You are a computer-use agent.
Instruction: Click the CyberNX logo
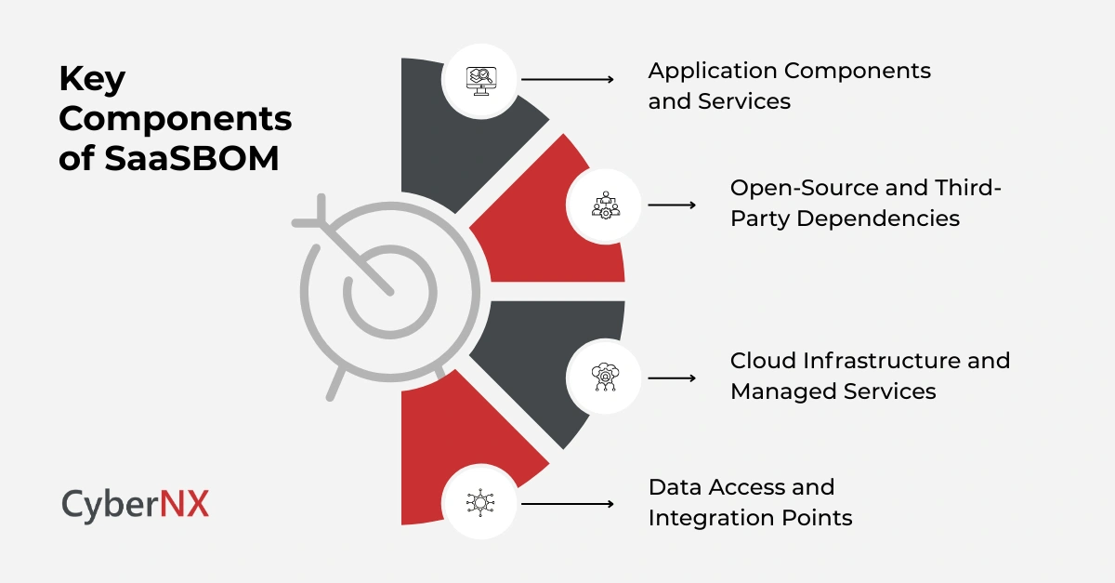(x=136, y=503)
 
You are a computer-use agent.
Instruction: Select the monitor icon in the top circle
(x=480, y=80)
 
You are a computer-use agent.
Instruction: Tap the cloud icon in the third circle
(x=605, y=377)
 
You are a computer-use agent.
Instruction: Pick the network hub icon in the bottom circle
(x=480, y=503)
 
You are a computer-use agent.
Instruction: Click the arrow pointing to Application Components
(x=568, y=80)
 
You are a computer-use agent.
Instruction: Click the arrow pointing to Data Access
(x=568, y=503)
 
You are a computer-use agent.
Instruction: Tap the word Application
(x=714, y=71)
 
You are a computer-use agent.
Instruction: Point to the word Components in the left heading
(x=175, y=119)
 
